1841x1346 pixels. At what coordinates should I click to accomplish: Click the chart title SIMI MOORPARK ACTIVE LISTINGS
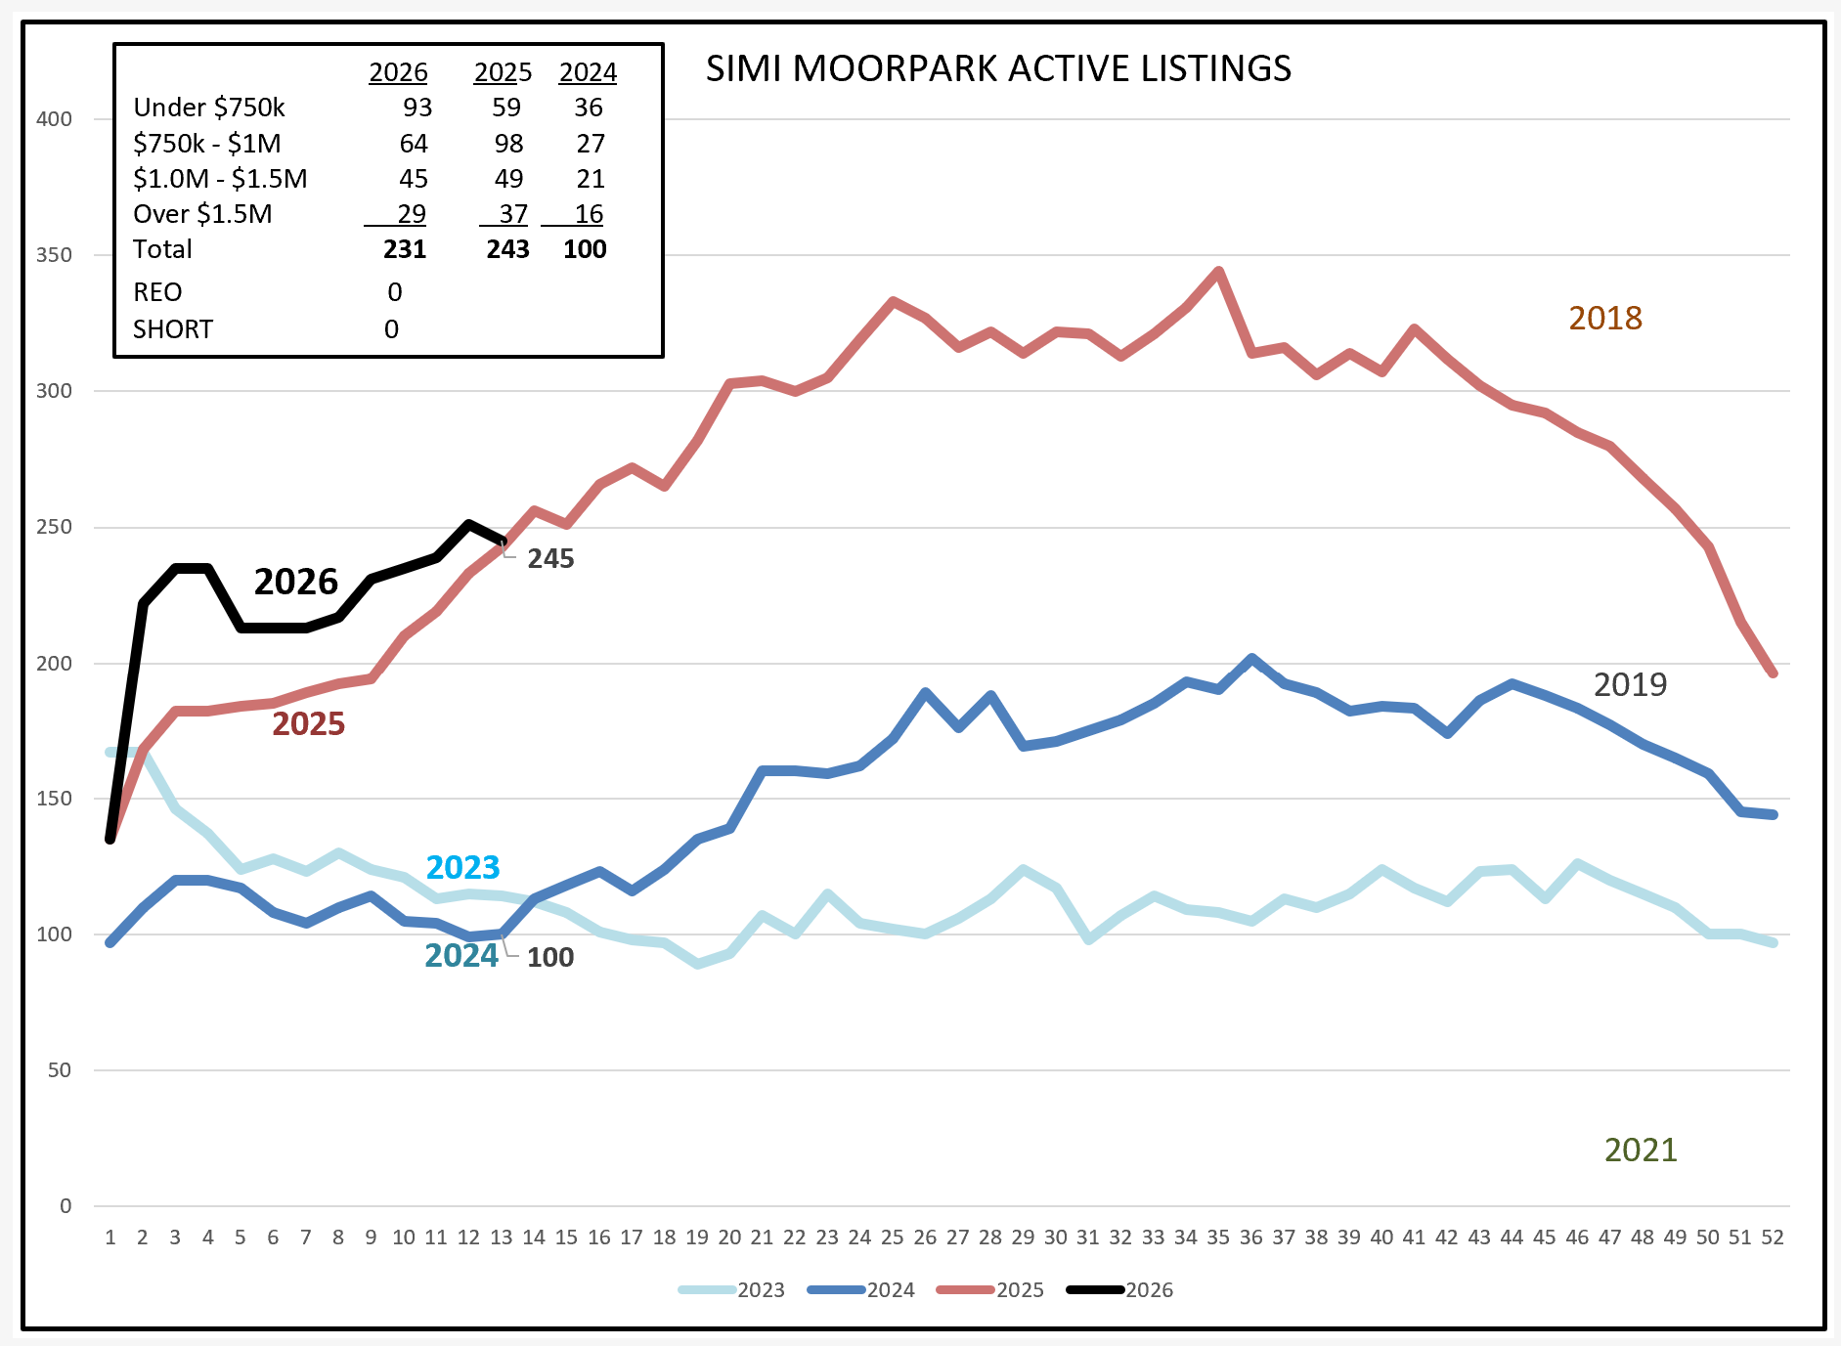click(x=998, y=68)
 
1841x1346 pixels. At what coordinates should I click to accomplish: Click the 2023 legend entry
click(x=732, y=1289)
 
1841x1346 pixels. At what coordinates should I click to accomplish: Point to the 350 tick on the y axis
click(x=54, y=255)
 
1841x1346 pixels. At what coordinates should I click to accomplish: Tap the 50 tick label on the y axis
click(x=60, y=1070)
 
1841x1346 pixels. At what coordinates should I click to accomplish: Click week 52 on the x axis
click(x=1773, y=1237)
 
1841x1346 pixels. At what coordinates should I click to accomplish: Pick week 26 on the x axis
click(x=925, y=1237)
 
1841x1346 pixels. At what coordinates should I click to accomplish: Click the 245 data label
click(x=550, y=559)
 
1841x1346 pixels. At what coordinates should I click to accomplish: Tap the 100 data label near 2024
click(x=550, y=958)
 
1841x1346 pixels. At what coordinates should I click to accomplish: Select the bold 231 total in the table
click(x=405, y=249)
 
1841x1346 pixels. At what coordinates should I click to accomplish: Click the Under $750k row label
click(x=209, y=108)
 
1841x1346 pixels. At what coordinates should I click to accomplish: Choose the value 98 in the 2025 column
click(x=508, y=144)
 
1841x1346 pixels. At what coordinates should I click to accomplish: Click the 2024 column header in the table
click(x=588, y=72)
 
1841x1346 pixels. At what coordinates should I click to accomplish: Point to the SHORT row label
click(x=173, y=329)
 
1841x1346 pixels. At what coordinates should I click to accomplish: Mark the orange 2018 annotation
click(x=1605, y=319)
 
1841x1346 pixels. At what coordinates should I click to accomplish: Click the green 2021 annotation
click(x=1641, y=1151)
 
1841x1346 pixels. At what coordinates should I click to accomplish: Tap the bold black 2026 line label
click(x=295, y=582)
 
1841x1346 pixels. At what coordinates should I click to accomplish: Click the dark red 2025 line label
click(x=308, y=724)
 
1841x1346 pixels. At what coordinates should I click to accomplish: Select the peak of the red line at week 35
click(x=1218, y=271)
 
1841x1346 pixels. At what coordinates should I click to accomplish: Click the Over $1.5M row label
click(x=202, y=214)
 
